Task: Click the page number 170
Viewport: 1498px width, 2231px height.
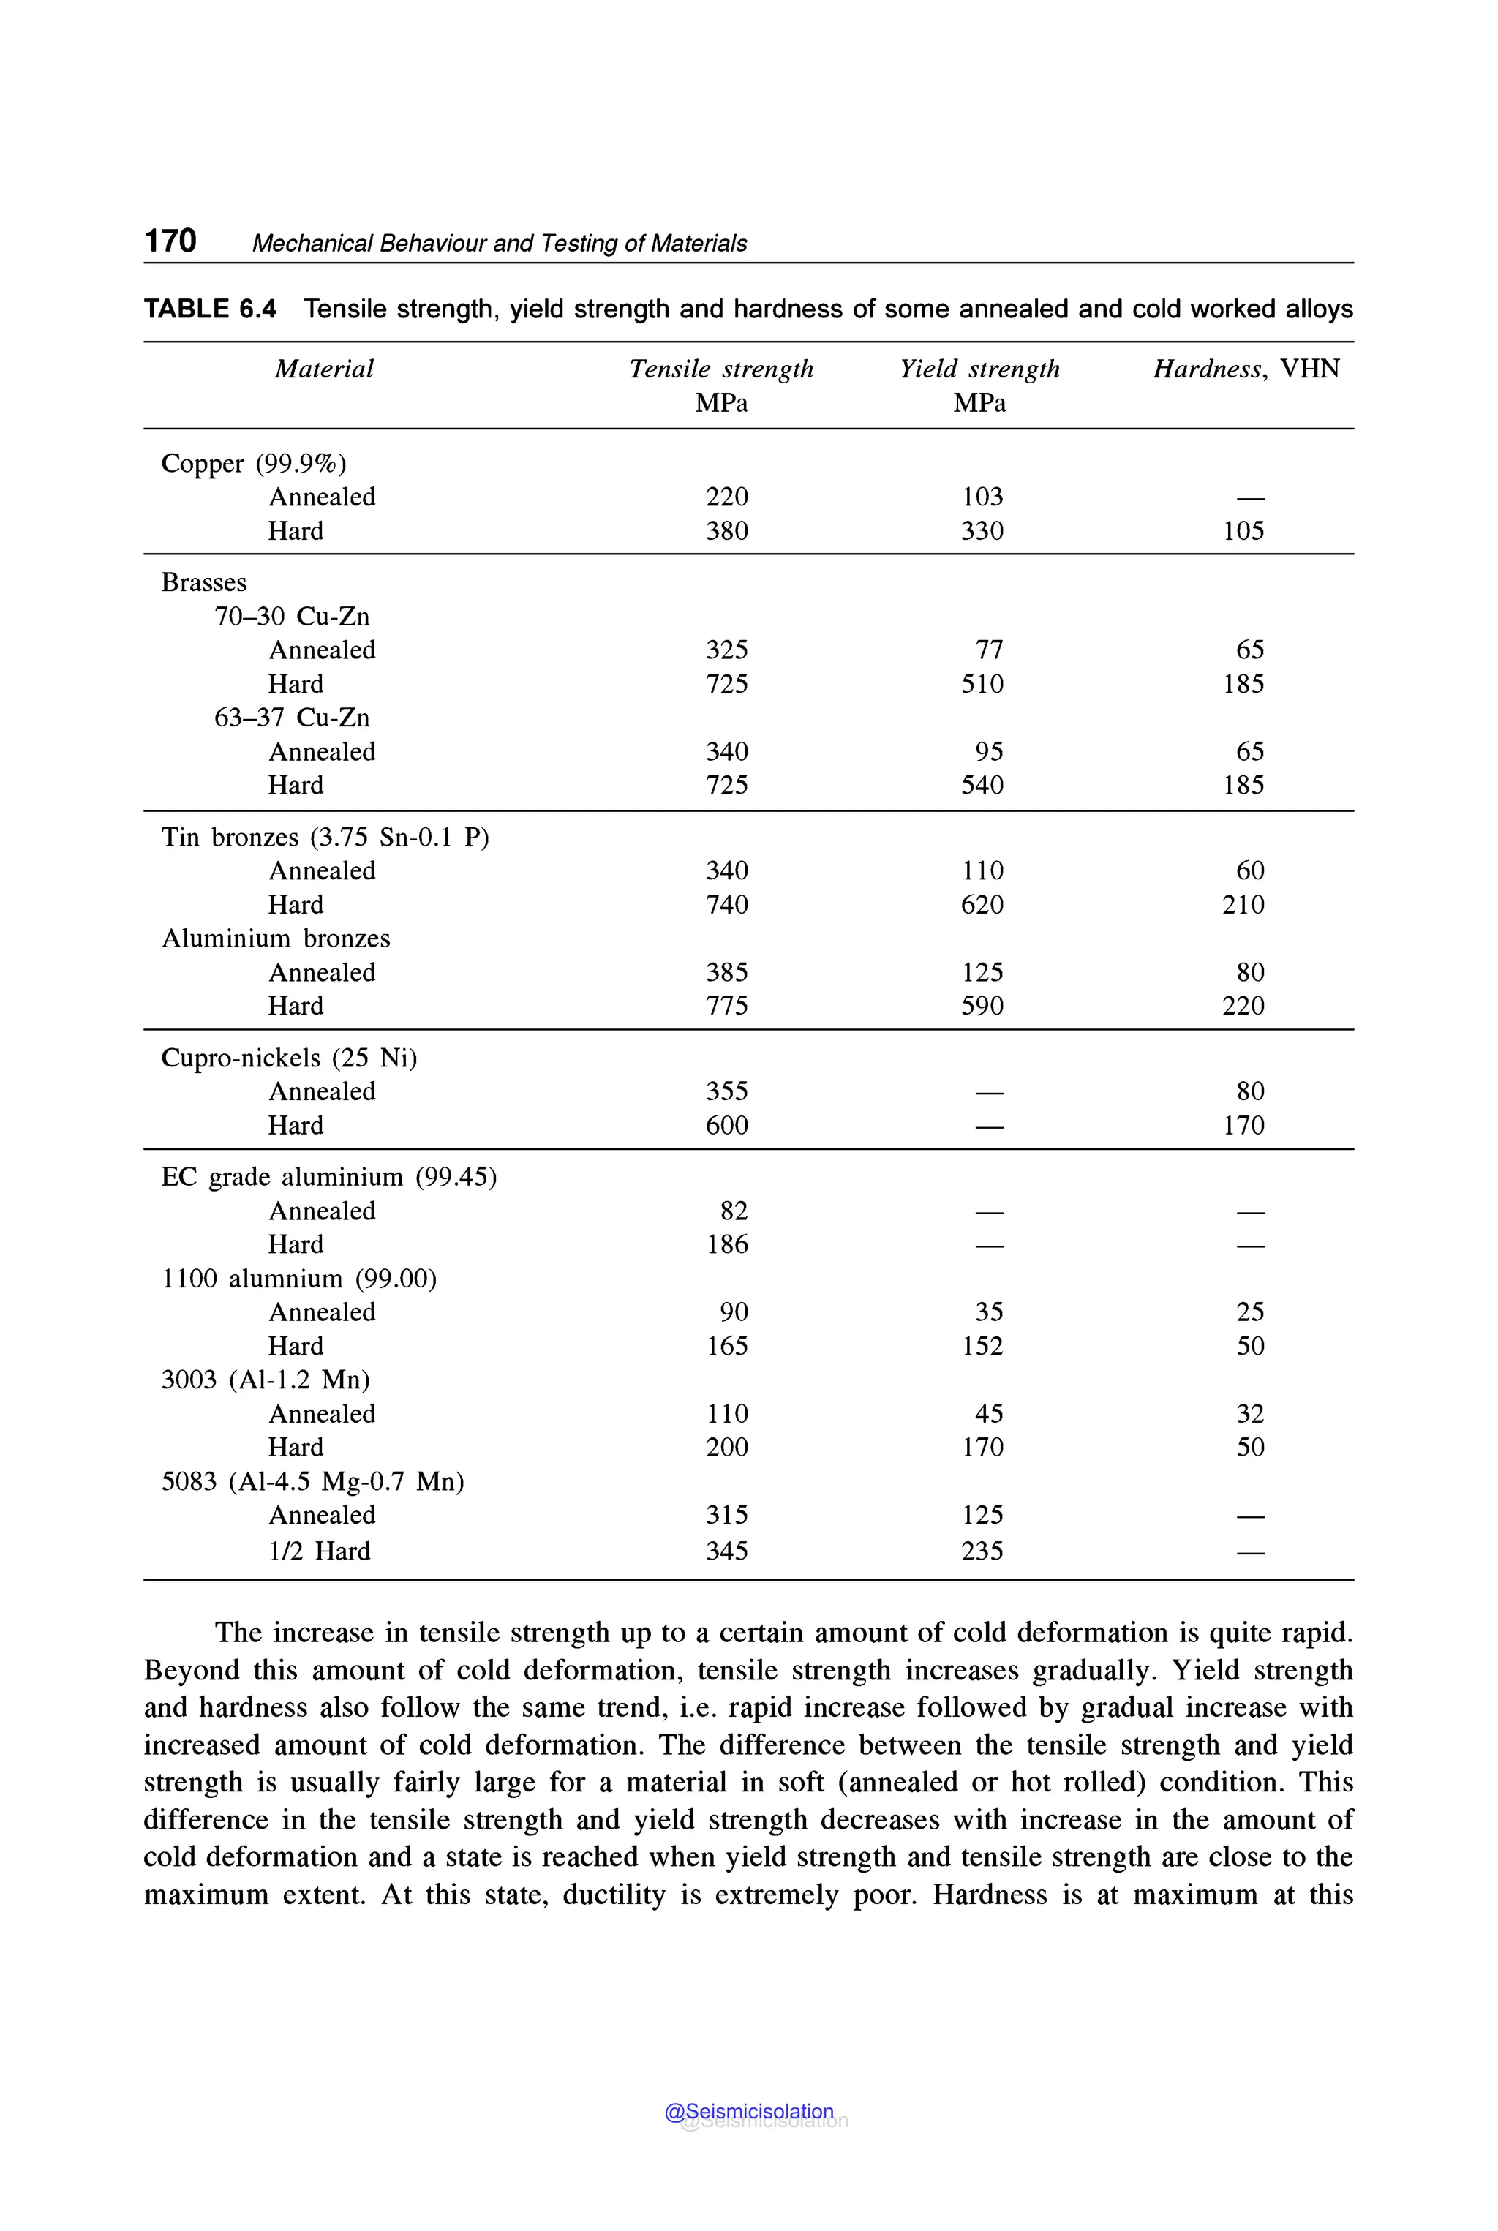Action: pyautogui.click(x=170, y=241)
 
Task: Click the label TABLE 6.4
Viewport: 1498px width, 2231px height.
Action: pyautogui.click(x=210, y=309)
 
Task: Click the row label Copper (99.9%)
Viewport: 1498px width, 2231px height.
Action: pyautogui.click(x=253, y=464)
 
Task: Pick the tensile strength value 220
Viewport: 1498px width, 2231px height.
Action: pyautogui.click(x=726, y=497)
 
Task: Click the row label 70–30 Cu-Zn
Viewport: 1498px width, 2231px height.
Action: pyautogui.click(x=291, y=617)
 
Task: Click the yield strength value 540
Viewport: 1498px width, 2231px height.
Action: pyautogui.click(x=982, y=786)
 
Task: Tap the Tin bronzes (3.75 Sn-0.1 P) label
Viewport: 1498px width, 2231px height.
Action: pyautogui.click(x=325, y=838)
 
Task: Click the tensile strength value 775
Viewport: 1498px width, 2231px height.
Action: pyautogui.click(x=726, y=1006)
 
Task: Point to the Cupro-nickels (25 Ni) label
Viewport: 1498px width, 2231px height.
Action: pyautogui.click(x=288, y=1058)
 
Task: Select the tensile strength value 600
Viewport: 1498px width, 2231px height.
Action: pyautogui.click(x=726, y=1126)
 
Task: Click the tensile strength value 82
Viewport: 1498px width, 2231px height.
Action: pyautogui.click(x=734, y=1211)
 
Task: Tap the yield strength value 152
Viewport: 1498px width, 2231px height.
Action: pyautogui.click(x=982, y=1346)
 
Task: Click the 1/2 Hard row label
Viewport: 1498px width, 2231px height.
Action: pyautogui.click(x=319, y=1551)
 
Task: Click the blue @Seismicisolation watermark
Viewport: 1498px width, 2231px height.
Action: pyautogui.click(x=749, y=2112)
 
